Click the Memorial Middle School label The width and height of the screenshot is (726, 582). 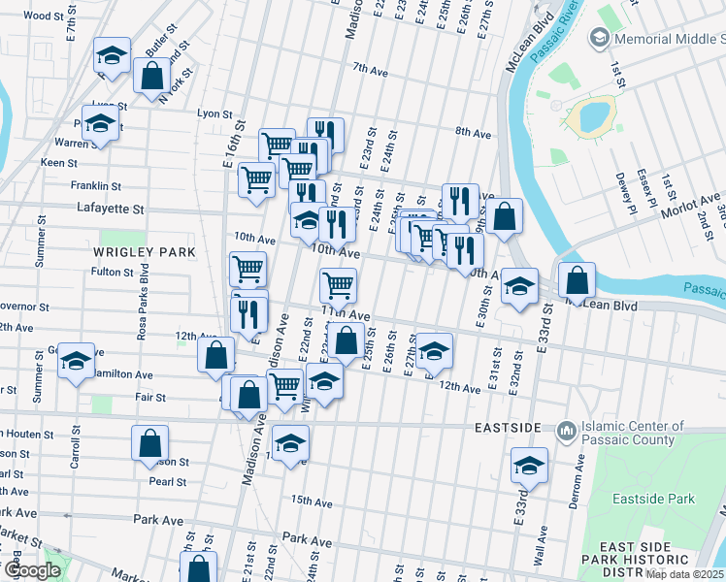(669, 38)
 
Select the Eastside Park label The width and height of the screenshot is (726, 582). (654, 499)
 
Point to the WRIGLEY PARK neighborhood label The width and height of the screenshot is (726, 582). (144, 252)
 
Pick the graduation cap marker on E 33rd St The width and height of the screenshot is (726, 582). (529, 467)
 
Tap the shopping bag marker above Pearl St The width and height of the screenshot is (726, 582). (149, 443)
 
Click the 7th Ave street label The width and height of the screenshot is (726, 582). (370, 68)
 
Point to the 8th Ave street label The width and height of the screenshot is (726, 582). (472, 133)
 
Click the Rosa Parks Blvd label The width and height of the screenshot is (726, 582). (144, 300)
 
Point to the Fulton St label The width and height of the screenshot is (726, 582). (112, 273)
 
